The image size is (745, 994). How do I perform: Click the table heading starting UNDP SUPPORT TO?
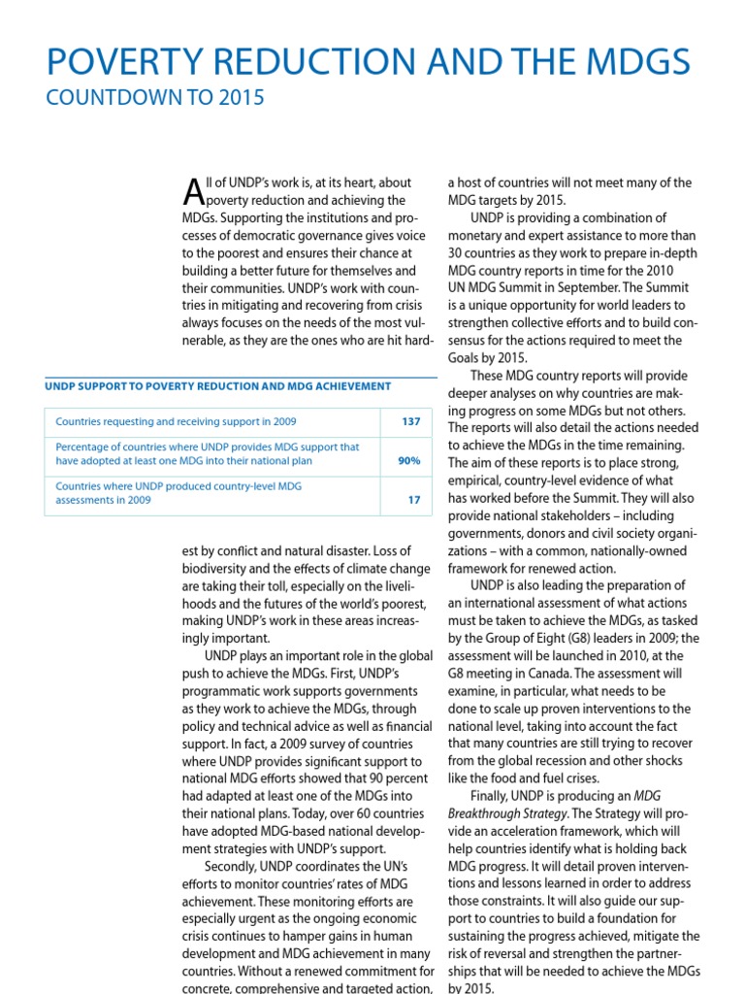218,385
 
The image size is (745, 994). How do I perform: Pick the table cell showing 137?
410,422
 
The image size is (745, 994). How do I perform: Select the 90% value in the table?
408,461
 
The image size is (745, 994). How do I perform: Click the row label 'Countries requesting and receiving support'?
176,422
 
